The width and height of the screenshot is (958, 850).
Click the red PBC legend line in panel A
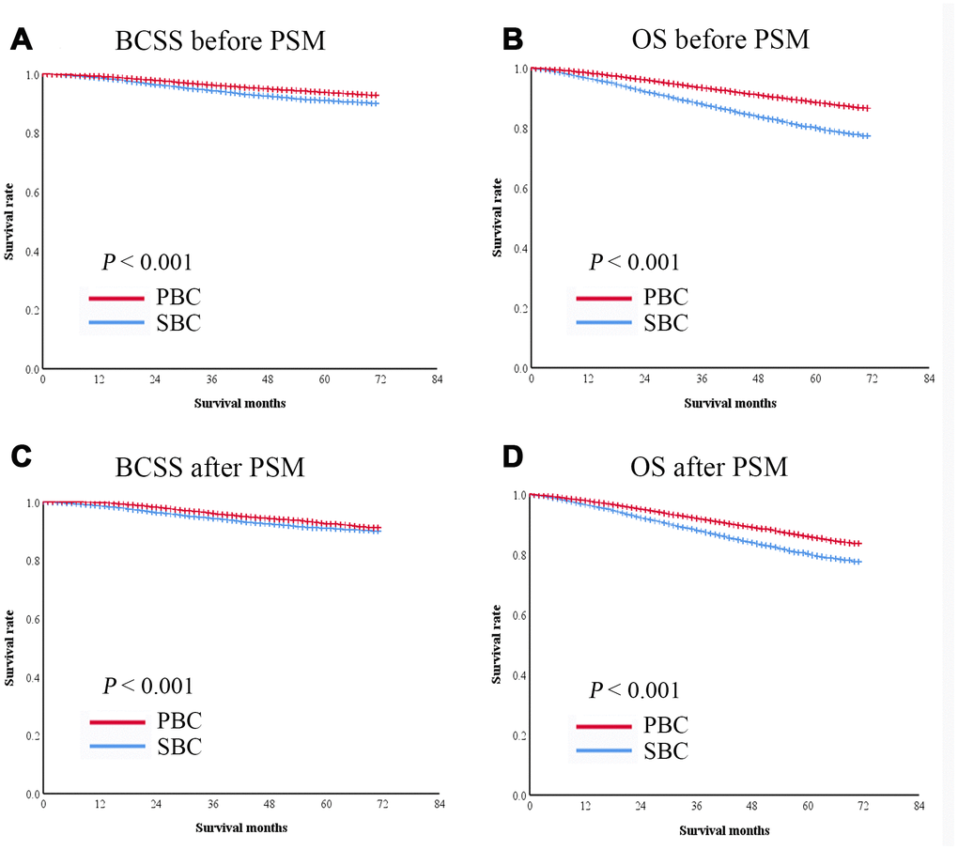117,299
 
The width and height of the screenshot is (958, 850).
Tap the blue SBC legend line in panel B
605,323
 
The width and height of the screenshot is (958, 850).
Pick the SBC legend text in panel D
666,750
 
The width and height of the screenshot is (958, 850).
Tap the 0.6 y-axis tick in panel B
519,189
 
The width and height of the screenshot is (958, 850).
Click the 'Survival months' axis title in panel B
730,403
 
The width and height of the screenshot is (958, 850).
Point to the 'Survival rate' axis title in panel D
497,644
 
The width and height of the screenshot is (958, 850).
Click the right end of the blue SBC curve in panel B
869,136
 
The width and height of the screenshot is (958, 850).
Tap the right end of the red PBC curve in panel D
859,543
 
